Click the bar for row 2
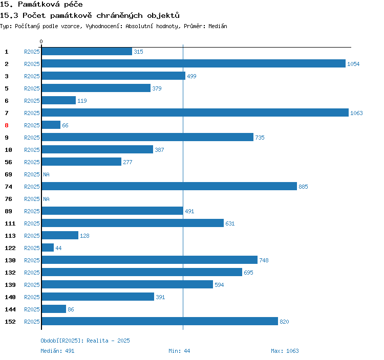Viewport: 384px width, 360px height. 194,64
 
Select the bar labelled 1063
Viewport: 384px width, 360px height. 195,113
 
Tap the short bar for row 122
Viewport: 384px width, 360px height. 48,248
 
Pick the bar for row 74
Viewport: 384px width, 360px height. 169,187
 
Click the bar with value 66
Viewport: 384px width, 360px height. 51,125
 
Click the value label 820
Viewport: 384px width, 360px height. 284,322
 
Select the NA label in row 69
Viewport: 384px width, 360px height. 46,174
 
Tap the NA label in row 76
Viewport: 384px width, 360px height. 46,199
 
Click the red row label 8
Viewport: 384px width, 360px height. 7,125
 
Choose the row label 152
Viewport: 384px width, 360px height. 10,322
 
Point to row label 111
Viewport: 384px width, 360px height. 10,223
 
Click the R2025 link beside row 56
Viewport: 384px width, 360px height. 32,162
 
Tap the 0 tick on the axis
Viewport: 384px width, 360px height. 41,41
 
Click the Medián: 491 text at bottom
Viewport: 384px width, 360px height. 57,351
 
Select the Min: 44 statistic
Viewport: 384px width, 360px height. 179,351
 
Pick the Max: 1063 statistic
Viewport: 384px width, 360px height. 285,351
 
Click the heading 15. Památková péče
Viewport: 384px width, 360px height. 41,5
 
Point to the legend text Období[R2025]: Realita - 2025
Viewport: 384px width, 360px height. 85,341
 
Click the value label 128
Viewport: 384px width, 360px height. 84,236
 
